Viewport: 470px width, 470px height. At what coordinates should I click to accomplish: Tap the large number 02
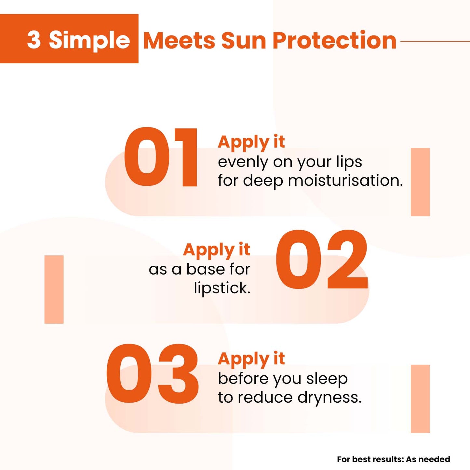tap(321, 260)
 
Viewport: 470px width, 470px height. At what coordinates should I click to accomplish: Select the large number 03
tap(152, 374)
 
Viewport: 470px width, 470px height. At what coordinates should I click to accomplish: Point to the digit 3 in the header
tap(34, 40)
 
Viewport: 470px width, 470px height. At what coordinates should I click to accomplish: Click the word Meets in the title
tap(179, 40)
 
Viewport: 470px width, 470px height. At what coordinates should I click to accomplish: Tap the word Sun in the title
tap(244, 40)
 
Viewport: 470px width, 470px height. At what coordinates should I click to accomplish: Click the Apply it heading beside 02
tap(217, 250)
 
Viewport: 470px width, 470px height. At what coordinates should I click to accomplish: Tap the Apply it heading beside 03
tap(251, 359)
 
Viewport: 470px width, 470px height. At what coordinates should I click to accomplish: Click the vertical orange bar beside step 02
tap(54, 289)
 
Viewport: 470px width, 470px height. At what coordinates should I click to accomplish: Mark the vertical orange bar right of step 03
tap(420, 398)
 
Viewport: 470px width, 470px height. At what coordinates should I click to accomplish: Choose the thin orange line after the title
tap(435, 41)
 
